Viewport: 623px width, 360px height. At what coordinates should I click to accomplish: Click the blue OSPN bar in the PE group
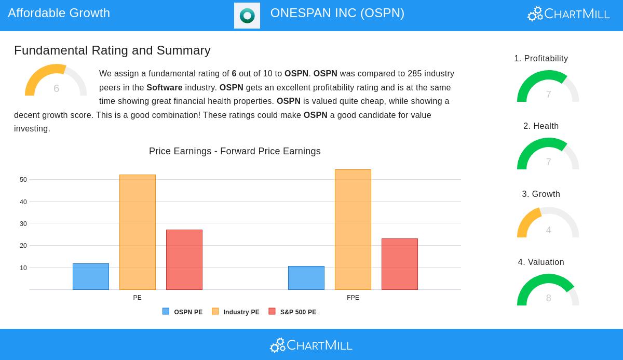click(91, 276)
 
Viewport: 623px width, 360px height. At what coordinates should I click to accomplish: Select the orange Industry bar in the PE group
click(138, 232)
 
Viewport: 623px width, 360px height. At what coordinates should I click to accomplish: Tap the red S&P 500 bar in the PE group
click(184, 260)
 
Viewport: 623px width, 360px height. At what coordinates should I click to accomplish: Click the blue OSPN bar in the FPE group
click(306, 278)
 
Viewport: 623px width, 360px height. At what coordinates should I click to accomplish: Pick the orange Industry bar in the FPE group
click(353, 230)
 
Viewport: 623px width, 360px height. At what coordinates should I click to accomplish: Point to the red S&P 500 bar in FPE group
click(400, 264)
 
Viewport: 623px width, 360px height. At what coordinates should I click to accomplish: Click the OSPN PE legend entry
click(183, 312)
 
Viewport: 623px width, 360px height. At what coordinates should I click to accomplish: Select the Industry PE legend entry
click(236, 312)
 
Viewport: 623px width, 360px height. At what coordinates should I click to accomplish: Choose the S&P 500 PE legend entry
click(292, 312)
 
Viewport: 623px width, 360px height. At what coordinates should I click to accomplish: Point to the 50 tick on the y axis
click(23, 180)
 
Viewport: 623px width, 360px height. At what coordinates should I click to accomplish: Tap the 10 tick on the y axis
click(23, 268)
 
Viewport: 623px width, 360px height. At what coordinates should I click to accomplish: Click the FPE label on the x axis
click(353, 298)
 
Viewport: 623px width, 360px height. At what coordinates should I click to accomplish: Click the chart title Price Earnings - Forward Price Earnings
click(235, 151)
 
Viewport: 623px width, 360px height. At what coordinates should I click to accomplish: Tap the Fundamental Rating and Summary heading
click(112, 50)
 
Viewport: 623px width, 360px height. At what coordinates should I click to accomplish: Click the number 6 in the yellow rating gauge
click(56, 88)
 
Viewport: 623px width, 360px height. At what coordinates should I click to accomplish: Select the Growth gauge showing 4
click(548, 224)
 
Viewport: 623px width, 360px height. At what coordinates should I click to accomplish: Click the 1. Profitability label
click(541, 59)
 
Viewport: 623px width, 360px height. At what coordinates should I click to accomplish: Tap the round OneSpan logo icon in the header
click(247, 16)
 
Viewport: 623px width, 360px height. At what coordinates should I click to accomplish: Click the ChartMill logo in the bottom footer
click(311, 345)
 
